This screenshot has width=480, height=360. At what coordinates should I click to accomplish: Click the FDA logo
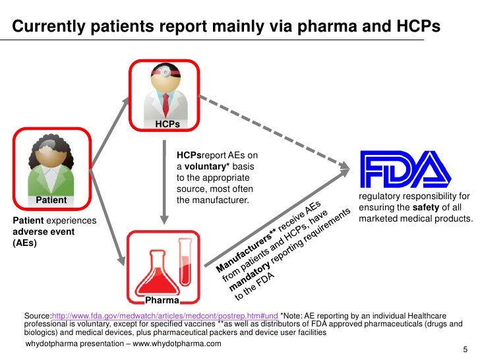pyautogui.click(x=405, y=170)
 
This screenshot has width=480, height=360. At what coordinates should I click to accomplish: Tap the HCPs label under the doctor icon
pyautogui.click(x=167, y=124)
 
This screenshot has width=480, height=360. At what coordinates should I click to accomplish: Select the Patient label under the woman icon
pyautogui.click(x=51, y=200)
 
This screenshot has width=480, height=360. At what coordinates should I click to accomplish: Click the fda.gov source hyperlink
pyautogui.click(x=164, y=316)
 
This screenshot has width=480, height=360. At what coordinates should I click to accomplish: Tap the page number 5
pyautogui.click(x=465, y=349)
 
